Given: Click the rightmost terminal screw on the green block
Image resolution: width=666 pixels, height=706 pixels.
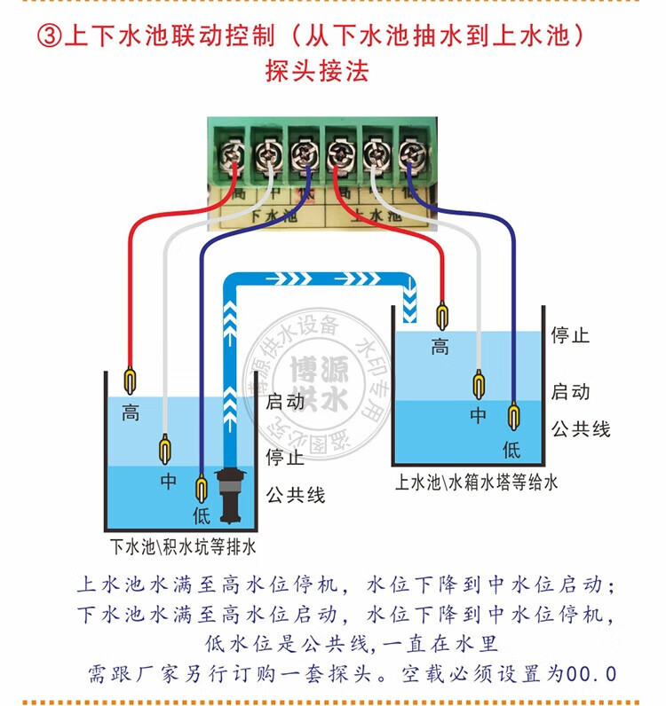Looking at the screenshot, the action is (x=410, y=157).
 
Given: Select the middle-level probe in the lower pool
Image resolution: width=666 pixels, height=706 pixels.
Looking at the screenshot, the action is (x=164, y=449).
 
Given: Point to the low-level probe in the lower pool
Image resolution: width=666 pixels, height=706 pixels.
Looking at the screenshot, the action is (x=201, y=489).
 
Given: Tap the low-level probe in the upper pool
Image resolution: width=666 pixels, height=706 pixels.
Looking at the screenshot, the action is (x=512, y=417).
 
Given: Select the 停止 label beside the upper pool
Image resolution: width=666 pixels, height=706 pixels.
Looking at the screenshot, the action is (x=570, y=336).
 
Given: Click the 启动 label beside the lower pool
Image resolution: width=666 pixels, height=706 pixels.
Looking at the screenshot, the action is (x=285, y=401).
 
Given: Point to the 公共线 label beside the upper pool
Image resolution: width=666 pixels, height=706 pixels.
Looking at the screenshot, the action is (x=581, y=428).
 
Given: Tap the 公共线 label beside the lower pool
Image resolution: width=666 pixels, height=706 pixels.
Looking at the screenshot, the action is (x=296, y=494).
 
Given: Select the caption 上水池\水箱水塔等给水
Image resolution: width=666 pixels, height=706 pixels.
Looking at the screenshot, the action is (x=476, y=482).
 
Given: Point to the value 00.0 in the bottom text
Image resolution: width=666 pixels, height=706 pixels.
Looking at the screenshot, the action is (x=594, y=674).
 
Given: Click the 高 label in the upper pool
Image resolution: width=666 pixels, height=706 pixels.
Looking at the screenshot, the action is (x=440, y=347).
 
